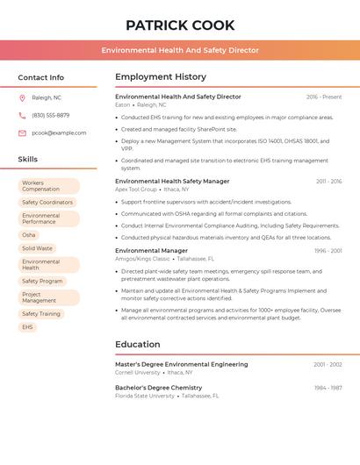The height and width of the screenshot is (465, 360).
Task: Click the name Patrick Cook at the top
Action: (x=180, y=25)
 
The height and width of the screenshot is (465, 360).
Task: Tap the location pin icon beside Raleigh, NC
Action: (x=22, y=97)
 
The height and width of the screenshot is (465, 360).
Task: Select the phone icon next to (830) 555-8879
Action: (x=22, y=115)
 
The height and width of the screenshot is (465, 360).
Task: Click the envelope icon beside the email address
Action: (x=22, y=132)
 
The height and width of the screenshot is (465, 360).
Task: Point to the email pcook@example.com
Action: (x=59, y=132)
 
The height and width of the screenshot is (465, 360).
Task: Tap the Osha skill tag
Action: (x=29, y=235)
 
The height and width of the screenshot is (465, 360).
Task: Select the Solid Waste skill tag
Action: (x=37, y=248)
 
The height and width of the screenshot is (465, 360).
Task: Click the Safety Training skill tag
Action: (x=41, y=313)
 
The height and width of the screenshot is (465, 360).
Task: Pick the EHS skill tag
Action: (x=27, y=326)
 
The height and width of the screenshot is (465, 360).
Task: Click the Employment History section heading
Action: (x=161, y=77)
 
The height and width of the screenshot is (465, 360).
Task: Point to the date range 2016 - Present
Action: (x=324, y=97)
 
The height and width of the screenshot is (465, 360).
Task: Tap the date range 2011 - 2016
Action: (x=328, y=182)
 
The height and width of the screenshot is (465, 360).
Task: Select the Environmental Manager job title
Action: (x=151, y=251)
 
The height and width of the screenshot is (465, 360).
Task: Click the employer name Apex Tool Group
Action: (x=136, y=190)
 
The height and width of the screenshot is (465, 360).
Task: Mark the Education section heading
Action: (x=138, y=344)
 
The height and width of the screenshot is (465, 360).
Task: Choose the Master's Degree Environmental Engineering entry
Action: (x=182, y=364)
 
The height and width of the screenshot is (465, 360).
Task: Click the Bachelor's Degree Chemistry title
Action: (x=159, y=388)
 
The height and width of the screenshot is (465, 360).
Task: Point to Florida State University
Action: (x=145, y=396)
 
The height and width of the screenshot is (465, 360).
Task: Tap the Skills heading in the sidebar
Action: (x=28, y=159)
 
